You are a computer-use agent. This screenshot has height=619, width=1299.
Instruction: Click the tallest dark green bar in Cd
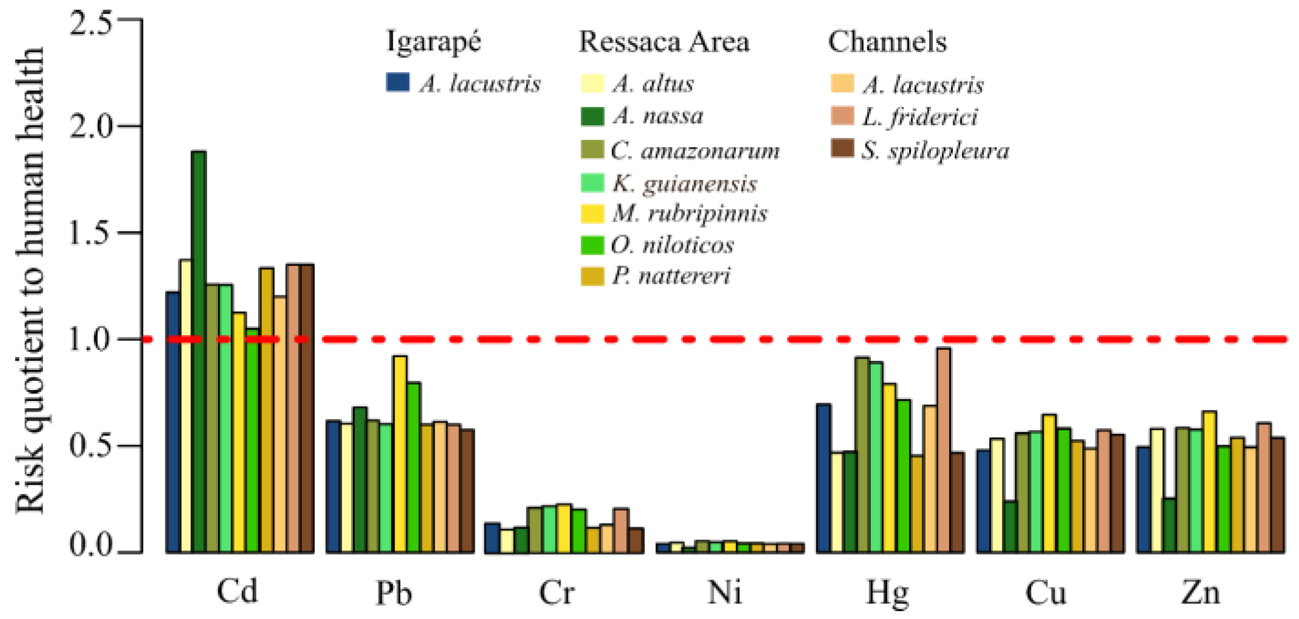click(x=199, y=352)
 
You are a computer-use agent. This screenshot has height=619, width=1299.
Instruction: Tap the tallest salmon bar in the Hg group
click(x=943, y=450)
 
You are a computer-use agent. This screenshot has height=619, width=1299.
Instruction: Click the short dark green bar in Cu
click(x=1010, y=527)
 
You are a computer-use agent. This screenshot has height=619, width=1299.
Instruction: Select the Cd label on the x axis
click(x=237, y=590)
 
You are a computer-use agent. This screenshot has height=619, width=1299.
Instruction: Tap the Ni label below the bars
click(x=725, y=591)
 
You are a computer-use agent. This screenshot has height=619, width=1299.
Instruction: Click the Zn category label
click(x=1201, y=591)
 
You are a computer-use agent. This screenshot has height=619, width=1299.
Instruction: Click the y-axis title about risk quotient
click(x=30, y=279)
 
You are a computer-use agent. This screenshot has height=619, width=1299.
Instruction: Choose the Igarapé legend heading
click(x=434, y=41)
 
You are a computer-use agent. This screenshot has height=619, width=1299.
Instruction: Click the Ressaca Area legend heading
click(x=664, y=41)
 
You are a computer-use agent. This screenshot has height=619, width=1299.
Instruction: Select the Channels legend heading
click(x=887, y=41)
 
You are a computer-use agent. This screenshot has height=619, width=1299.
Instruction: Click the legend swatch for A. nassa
click(x=592, y=116)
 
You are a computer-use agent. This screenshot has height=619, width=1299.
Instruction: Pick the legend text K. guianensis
click(x=684, y=183)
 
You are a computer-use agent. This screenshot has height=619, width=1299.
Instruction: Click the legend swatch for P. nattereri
click(x=592, y=276)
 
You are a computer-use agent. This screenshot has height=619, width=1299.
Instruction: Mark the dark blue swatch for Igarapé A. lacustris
click(x=398, y=83)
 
